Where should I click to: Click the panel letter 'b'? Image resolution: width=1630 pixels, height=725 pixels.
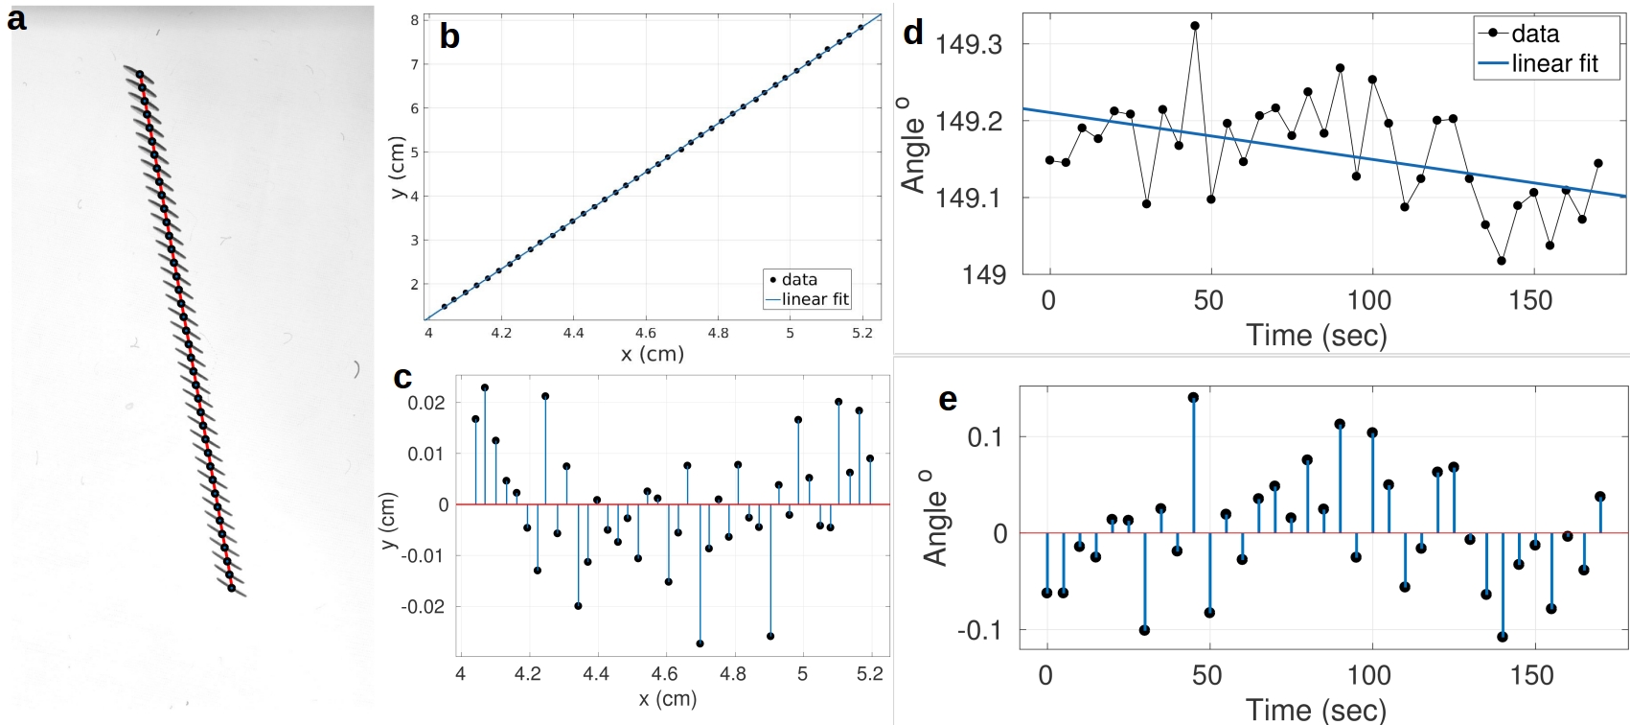[448, 36]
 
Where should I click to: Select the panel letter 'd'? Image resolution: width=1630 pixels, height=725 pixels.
[913, 33]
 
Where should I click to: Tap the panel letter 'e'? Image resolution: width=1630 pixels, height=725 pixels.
[947, 398]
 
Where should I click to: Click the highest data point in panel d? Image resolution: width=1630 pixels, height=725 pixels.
[1195, 26]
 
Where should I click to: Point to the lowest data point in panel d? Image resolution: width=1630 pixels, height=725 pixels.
[1501, 261]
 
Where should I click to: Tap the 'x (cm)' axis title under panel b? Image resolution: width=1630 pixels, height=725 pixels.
[652, 354]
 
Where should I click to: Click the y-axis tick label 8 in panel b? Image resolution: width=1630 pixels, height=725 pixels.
[415, 20]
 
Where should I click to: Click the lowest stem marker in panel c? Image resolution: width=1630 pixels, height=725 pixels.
[700, 643]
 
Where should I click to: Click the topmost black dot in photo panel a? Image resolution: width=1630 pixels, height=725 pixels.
[139, 74]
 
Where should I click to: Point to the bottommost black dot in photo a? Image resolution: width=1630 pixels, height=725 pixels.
[231, 588]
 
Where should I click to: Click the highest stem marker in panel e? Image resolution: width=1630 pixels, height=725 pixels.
[1193, 397]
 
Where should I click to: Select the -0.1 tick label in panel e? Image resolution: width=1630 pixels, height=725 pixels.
[978, 630]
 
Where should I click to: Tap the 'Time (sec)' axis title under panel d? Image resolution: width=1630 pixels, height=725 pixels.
[1316, 336]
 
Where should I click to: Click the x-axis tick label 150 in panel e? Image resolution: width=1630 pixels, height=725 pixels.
[1530, 675]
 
